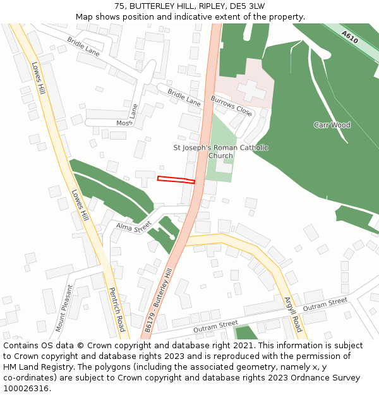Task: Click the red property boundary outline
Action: click(176, 179)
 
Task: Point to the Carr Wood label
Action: click(332, 125)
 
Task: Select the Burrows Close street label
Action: click(231, 107)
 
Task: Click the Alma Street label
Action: click(134, 226)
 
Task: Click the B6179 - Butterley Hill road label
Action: click(158, 300)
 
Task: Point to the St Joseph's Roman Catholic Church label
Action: click(220, 152)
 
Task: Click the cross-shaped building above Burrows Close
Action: click(251, 90)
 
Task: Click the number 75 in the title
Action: click(120, 6)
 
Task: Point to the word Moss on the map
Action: click(124, 123)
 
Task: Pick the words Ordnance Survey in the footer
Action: click(327, 378)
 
